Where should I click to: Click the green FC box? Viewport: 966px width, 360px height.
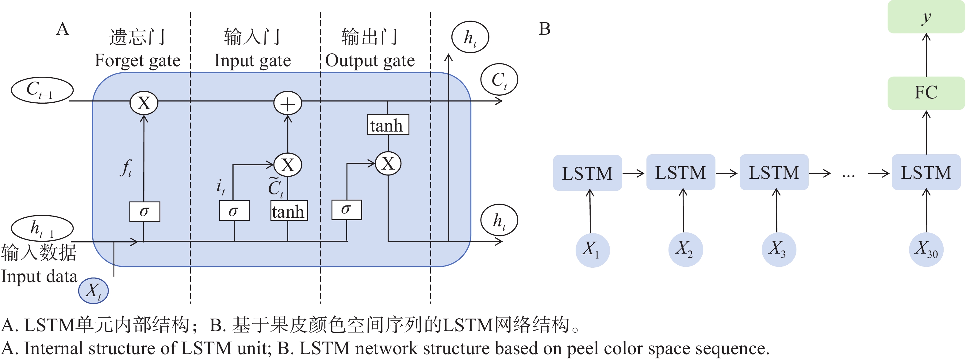coord(926,93)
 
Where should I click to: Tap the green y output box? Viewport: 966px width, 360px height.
coord(926,17)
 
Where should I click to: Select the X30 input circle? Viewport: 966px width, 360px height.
coord(926,249)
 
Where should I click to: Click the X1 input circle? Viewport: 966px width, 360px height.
coord(592,250)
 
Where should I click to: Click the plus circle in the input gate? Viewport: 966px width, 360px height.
coord(288,104)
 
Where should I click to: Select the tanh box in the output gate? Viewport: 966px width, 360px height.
coord(388,125)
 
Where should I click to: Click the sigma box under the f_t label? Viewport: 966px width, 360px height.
coord(145,212)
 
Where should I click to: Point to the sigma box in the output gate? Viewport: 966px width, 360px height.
coord(347,210)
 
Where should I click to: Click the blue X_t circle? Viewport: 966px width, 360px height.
coord(93,291)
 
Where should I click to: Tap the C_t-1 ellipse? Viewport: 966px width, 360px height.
coord(42,90)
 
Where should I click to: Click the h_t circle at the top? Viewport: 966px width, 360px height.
coord(470,37)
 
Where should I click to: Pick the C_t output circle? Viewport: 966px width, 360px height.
coord(499,79)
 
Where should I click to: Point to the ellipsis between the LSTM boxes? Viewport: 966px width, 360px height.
coord(848,175)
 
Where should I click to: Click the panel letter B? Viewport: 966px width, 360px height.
coord(545,29)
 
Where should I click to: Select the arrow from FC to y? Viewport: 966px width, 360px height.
coord(926,55)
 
